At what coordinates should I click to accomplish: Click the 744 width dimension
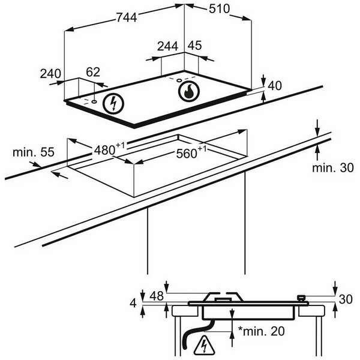tap(127, 18)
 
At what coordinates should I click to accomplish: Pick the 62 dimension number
tap(93, 72)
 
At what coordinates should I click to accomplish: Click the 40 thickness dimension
tap(274, 86)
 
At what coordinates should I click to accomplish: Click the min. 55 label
tap(29, 152)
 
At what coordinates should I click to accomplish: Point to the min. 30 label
tap(333, 168)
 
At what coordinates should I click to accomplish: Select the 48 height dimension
tap(157, 296)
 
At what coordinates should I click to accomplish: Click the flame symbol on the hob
tap(189, 92)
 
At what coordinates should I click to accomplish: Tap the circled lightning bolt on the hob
tap(112, 104)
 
